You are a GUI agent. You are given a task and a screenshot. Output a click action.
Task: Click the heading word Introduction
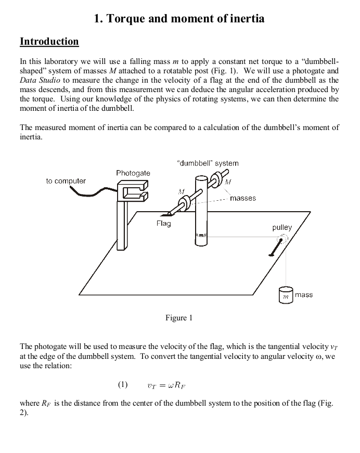coord(49,41)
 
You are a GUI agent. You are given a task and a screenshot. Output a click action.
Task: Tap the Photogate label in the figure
coord(133,173)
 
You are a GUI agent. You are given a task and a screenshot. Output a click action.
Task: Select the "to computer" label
coord(66,181)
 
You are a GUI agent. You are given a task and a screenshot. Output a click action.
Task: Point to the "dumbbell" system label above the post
coord(208,163)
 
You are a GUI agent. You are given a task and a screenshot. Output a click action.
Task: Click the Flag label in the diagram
coord(163,223)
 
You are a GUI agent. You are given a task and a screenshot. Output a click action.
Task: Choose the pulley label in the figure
coord(282,227)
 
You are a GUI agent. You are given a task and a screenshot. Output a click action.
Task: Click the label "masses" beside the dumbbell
coord(243,198)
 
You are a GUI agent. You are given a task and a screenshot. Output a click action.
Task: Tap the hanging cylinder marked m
coord(285,295)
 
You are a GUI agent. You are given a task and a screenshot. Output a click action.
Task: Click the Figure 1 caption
coord(179,318)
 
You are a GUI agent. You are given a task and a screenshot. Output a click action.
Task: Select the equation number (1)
coord(122,385)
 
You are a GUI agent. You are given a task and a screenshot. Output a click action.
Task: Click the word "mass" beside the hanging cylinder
coord(304,294)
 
